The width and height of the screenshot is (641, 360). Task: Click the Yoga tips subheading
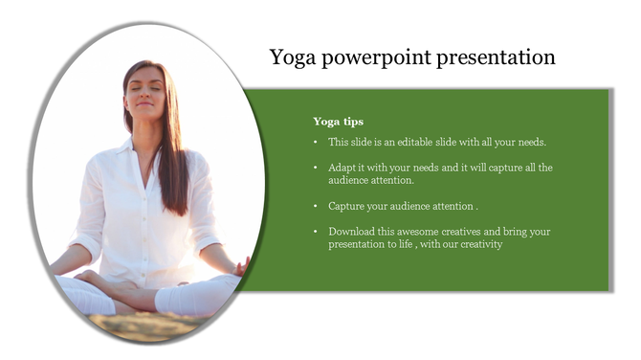[x=338, y=122]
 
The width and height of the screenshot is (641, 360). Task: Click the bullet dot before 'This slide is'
[x=317, y=142]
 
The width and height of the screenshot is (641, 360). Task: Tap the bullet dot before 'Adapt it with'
[x=317, y=168]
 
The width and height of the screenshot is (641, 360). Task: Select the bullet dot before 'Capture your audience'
[x=317, y=206]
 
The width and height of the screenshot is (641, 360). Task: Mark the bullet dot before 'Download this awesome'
[x=317, y=232]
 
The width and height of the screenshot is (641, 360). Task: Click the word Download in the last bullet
[x=351, y=232]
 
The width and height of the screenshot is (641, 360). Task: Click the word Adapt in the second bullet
[x=342, y=168]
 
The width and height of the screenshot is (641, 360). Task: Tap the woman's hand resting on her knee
[x=240, y=265]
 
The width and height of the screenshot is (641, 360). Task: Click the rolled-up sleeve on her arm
[x=86, y=239]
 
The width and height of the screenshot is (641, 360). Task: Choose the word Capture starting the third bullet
[x=346, y=206]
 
